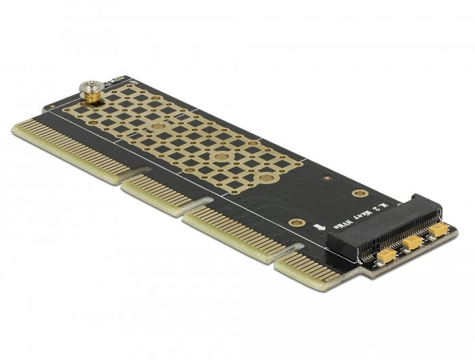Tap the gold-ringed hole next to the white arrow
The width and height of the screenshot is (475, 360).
[x=295, y=222]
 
